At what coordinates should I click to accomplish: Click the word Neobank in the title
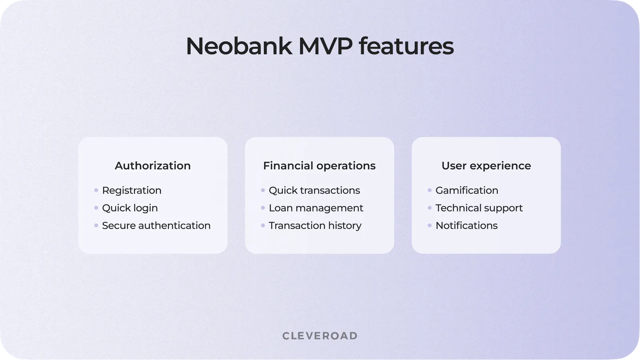point(239,46)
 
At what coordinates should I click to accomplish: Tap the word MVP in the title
point(325,46)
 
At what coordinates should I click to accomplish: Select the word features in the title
point(406,46)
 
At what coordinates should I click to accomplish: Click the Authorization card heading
point(153,166)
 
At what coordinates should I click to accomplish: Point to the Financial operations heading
point(319,166)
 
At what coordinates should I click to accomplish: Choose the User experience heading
point(486,166)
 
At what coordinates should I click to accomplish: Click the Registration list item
point(132,191)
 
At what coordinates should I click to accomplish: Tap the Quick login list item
point(130,208)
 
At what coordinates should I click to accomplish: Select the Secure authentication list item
point(156,226)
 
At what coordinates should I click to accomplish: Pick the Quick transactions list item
point(314,191)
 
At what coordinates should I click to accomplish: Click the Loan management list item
point(316,208)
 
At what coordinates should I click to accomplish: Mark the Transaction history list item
point(315,226)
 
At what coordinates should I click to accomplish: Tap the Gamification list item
point(467,191)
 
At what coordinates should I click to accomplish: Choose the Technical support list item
point(479,208)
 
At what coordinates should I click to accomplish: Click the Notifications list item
point(467,226)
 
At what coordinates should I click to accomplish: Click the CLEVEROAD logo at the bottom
point(320,336)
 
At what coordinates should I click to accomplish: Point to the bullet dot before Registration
point(96,190)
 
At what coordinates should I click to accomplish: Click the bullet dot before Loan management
point(263,208)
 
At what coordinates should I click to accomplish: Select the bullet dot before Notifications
point(429,225)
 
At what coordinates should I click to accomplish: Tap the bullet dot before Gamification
point(429,190)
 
